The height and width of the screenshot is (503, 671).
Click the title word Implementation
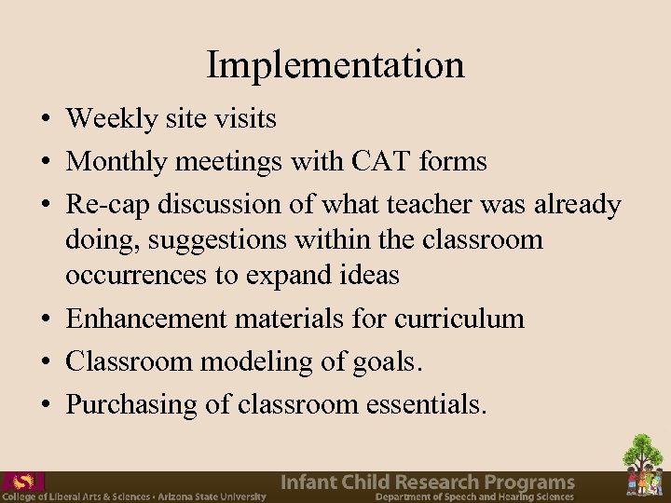pos(335,65)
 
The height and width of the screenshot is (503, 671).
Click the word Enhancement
pos(146,319)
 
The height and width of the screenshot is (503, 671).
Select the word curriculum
pos(459,319)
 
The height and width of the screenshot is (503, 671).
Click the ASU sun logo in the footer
pos(23,482)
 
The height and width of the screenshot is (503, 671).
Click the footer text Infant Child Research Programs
pos(428,482)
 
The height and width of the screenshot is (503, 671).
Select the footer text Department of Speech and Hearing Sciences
pos(474,497)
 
